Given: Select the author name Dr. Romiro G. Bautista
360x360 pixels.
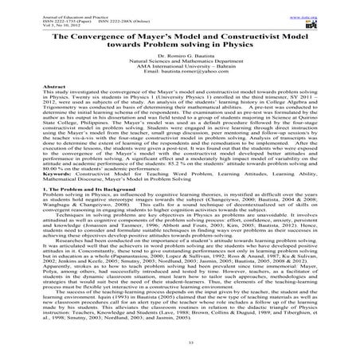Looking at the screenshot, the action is (x=179, y=59).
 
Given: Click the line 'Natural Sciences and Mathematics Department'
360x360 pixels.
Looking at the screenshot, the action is (x=179, y=65).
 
